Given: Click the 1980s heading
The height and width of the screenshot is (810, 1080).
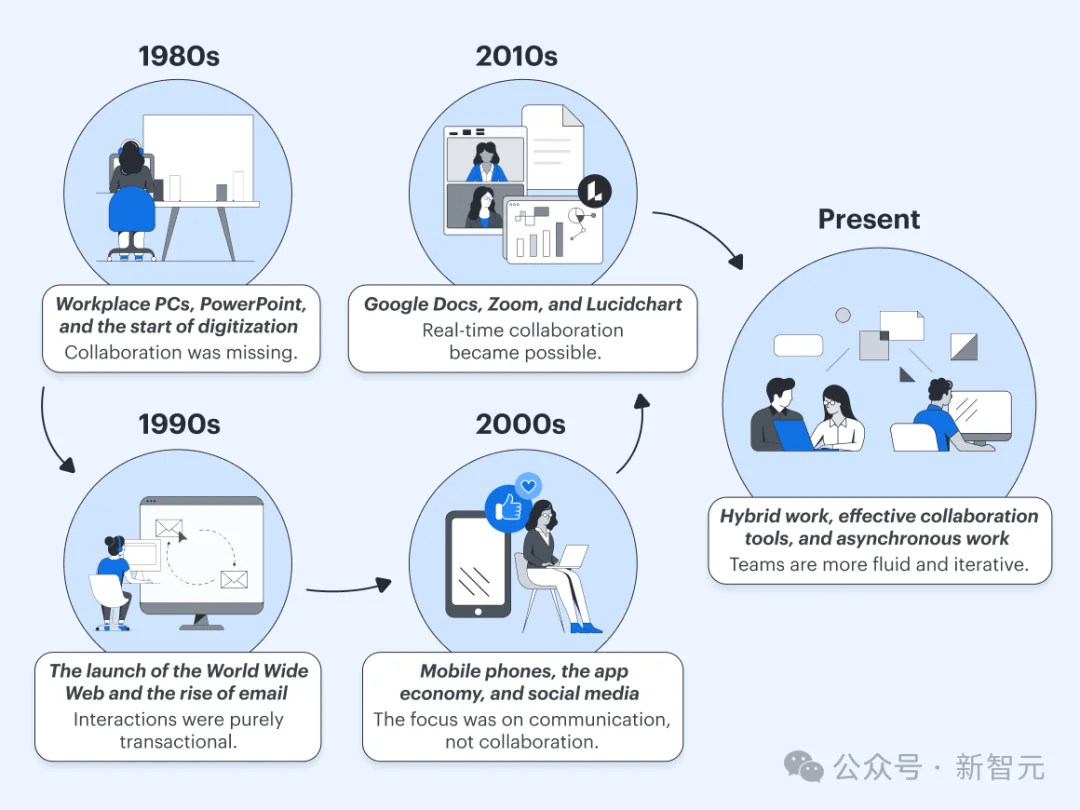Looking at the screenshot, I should click(179, 56).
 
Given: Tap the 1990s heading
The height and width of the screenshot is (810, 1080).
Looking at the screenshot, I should click(179, 424).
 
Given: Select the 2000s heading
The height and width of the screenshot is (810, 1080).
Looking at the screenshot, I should click(521, 424).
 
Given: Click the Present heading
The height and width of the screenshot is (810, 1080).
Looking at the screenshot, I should click(869, 219).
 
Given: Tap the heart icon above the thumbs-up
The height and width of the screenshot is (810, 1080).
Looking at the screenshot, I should click(529, 486).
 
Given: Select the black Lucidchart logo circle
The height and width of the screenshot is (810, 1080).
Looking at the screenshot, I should click(594, 191).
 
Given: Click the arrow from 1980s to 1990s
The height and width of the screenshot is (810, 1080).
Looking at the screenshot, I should click(50, 430).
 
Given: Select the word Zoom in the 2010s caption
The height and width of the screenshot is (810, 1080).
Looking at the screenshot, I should click(521, 304).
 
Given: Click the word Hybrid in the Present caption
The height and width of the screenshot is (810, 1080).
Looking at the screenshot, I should click(749, 516).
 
